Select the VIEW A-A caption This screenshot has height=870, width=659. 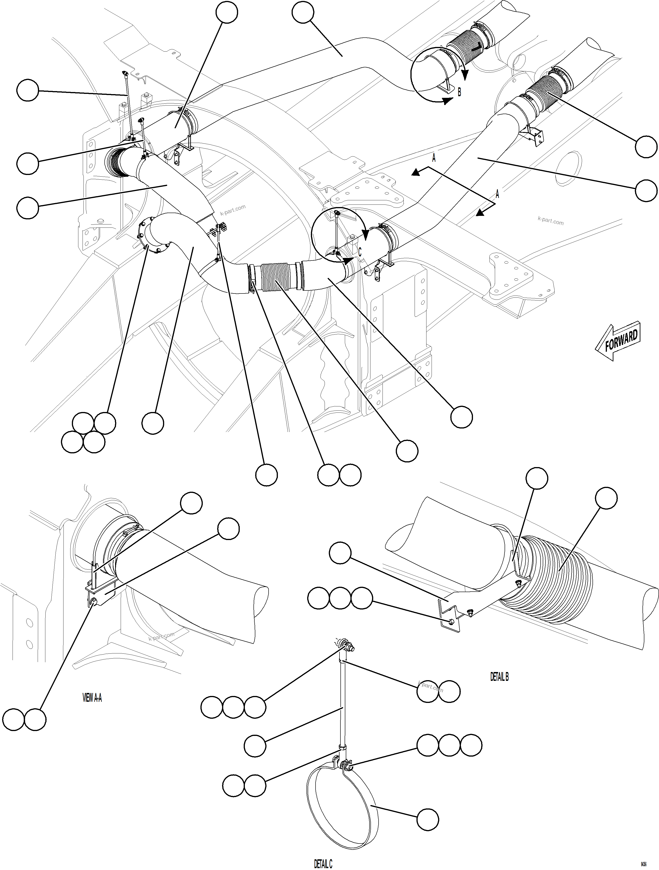click(92, 698)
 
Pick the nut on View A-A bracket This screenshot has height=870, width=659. click(93, 602)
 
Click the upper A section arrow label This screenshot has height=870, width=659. click(434, 158)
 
